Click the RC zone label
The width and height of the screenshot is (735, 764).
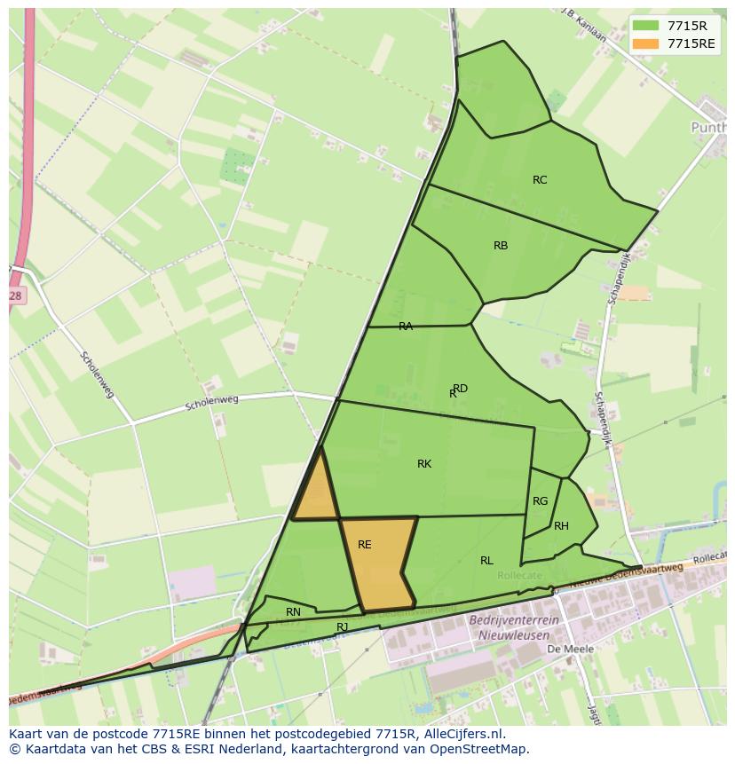coord(540,180)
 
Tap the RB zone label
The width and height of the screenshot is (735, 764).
coord(501,246)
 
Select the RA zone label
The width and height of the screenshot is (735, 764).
coord(406,327)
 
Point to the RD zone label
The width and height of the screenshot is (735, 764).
coord(460,389)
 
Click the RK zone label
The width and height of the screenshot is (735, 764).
coord(424,464)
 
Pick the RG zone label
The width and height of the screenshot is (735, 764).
coord(540,501)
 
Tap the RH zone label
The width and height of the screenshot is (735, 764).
coord(561,526)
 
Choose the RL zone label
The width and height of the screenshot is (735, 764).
coord(486,561)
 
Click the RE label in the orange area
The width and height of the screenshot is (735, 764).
coord(365,545)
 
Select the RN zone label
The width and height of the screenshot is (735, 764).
coord(293,612)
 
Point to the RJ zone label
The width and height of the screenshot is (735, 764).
coord(343,627)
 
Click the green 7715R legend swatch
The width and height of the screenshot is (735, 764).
coord(645,25)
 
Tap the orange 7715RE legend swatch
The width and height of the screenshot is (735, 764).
coord(645,43)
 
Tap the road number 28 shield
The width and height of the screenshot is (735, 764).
coord(16,295)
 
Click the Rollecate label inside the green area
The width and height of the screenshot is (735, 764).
coord(519,576)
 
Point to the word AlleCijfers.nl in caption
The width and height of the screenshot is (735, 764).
coord(462,734)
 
